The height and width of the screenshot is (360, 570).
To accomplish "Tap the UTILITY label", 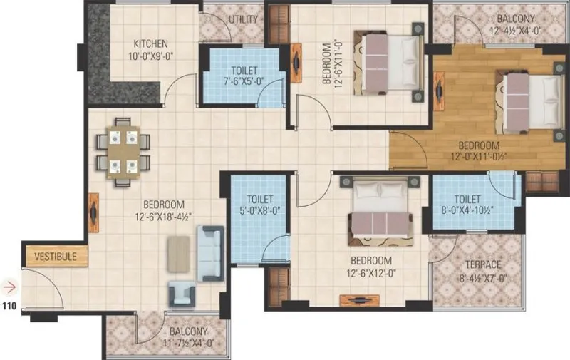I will coord(243,19).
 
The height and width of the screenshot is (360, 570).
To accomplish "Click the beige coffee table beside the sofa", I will coord(178,254).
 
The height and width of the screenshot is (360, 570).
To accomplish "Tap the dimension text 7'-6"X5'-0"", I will coord(244,82).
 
